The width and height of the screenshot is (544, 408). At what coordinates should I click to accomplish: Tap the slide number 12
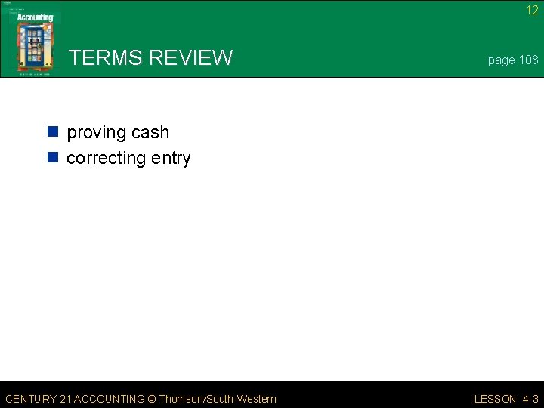point(532,11)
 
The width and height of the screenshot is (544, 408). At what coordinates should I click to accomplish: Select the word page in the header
point(501,60)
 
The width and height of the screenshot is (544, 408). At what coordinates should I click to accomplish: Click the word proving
point(96,133)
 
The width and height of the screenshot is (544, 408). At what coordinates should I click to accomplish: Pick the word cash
point(150,132)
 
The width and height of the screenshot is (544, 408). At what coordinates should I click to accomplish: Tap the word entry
point(171,159)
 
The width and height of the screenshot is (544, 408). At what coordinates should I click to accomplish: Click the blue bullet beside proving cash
point(53,132)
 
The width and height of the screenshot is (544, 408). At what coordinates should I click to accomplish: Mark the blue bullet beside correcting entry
point(53,158)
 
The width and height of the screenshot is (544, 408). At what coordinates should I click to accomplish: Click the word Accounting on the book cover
point(36,17)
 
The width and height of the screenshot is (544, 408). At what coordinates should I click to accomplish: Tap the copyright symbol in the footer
point(152,399)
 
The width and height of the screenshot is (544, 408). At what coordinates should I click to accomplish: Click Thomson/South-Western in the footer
point(218,399)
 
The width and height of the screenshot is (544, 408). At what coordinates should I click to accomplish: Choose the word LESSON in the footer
point(495,399)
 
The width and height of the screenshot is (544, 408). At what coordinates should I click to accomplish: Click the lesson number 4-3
point(530,399)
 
